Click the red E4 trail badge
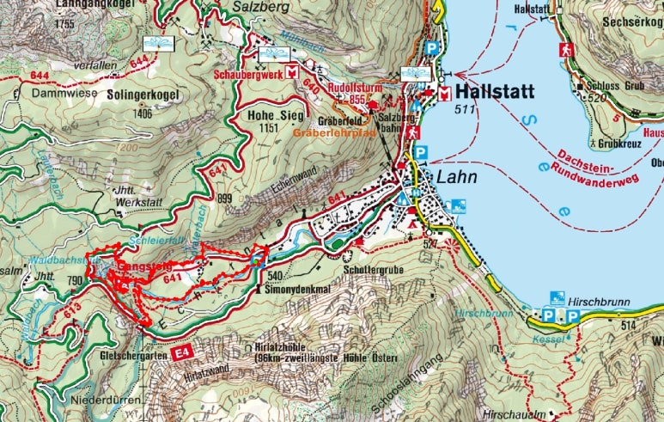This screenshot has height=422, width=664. (180, 353)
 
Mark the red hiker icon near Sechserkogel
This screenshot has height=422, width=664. (566, 49)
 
